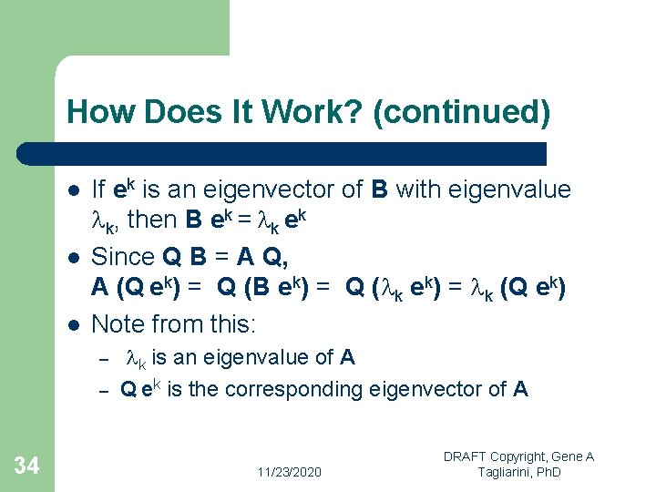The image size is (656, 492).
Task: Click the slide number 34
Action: [27, 466]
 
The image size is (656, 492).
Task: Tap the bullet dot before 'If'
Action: [73, 190]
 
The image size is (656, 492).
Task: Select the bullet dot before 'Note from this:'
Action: [73, 323]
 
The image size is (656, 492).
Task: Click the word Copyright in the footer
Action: [534, 456]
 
